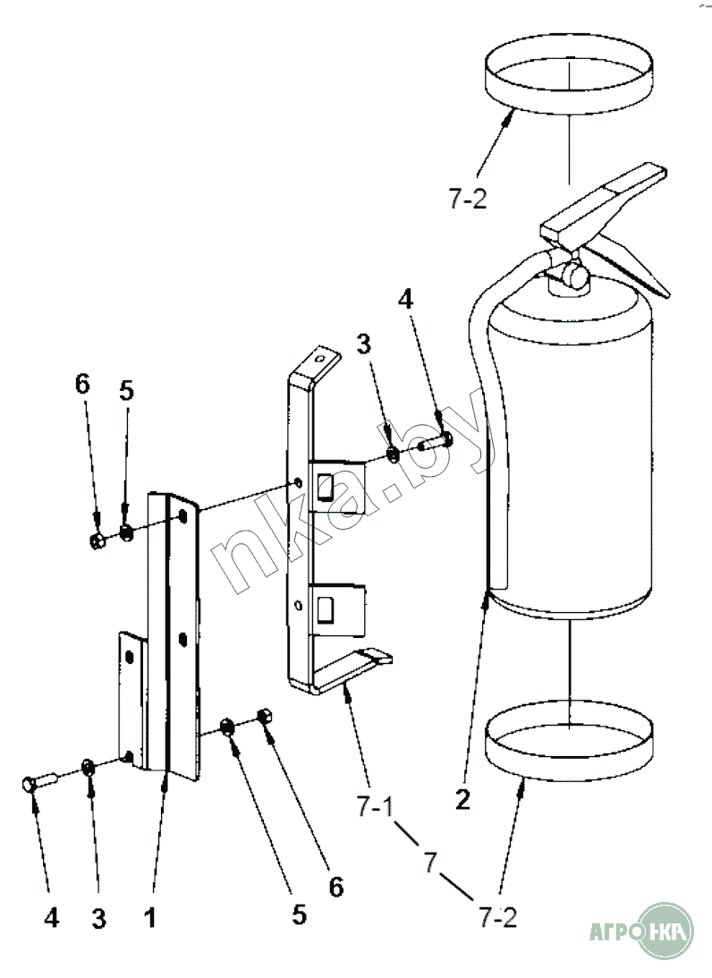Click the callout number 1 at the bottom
coord(149,917)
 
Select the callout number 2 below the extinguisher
coord(462,798)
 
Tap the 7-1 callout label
coord(375,807)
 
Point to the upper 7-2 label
coord(467,200)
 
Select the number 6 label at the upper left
coord(82,384)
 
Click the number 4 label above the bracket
coord(405,300)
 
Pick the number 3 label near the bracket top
coord(363,343)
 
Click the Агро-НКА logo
coord(640,934)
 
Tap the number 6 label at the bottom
coord(335,886)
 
